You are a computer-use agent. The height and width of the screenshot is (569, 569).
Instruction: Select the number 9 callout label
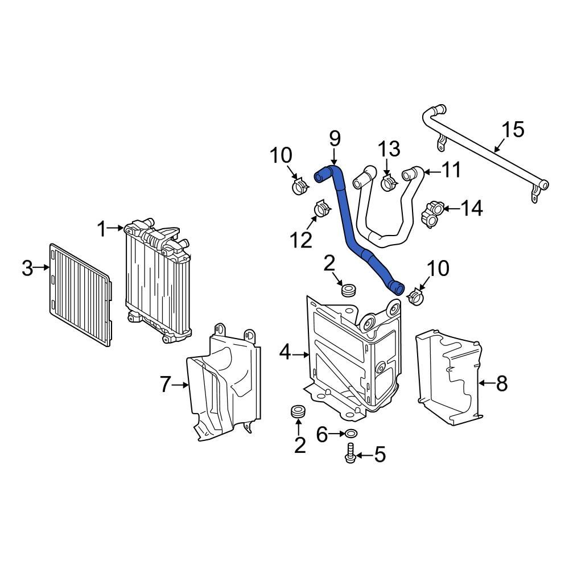[x=335, y=138]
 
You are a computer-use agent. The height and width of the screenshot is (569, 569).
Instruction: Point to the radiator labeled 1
[x=156, y=279]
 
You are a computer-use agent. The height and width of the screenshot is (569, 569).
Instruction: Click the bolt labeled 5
[x=351, y=456]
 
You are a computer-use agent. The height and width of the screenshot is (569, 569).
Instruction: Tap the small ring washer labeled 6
[x=352, y=434]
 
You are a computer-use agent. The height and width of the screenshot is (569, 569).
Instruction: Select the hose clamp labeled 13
[x=389, y=183]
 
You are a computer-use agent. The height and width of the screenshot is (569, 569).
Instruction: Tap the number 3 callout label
[x=27, y=268]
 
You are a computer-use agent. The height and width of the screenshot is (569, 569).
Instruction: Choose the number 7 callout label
[x=165, y=385]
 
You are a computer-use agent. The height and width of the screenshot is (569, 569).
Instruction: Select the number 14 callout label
[x=472, y=208]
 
